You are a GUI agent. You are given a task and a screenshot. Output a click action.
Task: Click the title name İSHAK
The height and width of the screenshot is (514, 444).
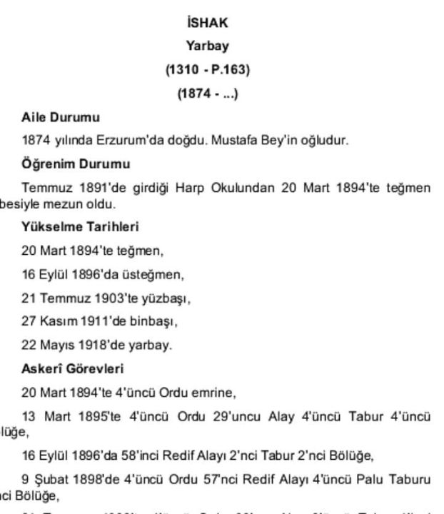[207, 23]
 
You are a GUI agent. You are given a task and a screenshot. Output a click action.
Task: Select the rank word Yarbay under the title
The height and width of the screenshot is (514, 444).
[207, 46]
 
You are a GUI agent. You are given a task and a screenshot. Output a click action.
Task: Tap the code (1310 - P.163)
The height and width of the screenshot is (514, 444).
[207, 70]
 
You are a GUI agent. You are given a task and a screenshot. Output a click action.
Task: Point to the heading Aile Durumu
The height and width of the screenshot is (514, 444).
[60, 116]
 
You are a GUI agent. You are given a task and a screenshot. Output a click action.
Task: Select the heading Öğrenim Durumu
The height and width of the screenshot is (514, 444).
[75, 163]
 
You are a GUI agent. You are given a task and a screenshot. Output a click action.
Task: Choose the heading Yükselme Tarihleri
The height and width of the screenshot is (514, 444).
[79, 228]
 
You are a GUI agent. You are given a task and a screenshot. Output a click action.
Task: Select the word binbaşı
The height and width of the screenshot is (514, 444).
[156, 321]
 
